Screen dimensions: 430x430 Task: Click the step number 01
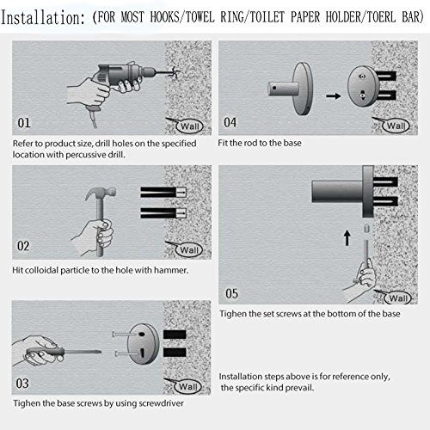[x=24, y=123]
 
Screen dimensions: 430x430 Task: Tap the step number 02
[x=23, y=246]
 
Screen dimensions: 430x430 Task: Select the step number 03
[x=22, y=384]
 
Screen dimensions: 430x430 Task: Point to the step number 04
[x=230, y=123]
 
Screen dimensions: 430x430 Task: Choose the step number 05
[x=231, y=293]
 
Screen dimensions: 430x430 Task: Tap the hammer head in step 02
[x=101, y=193]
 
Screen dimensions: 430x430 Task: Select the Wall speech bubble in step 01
[x=188, y=126]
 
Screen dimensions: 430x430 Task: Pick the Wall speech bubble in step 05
[x=396, y=298]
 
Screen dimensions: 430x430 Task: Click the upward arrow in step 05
[x=347, y=238]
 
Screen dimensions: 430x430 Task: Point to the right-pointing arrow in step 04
[x=334, y=95]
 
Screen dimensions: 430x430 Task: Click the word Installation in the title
[x=43, y=18]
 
